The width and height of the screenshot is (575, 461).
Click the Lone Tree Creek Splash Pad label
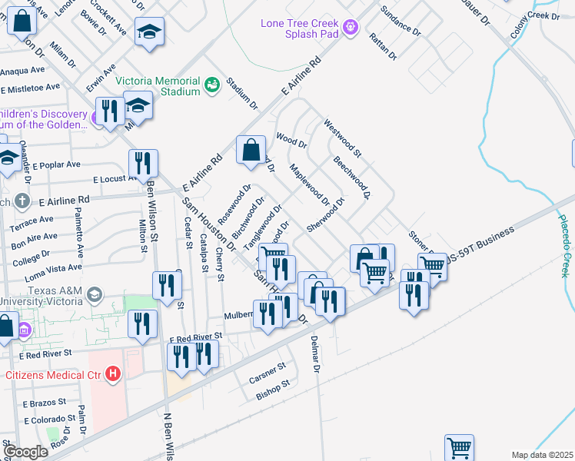point(299,29)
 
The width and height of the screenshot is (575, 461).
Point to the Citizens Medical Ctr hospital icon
point(113,374)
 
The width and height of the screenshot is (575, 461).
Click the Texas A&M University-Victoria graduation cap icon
point(95,294)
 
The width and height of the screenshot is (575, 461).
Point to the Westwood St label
point(342,134)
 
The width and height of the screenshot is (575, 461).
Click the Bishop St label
point(274,389)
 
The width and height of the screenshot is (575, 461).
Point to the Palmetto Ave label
point(79,235)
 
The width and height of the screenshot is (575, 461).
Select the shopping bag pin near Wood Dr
point(251,151)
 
